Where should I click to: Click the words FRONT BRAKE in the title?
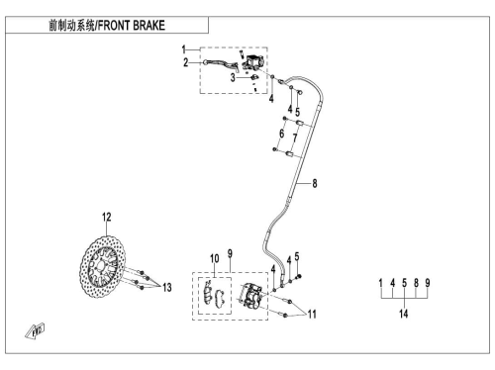pos(132,26)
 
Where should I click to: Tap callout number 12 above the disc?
pos(107,218)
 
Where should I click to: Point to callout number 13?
pos(167,288)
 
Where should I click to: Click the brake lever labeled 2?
pos(221,64)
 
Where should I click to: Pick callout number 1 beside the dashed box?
pos(184,49)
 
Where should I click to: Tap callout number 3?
pos(233,78)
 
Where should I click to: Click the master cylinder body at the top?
pos(252,62)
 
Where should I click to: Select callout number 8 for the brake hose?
pos(315,183)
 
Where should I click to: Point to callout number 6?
pos(281,134)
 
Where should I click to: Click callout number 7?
pos(295,138)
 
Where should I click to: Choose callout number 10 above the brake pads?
pos(215,259)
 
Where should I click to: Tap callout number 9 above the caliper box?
pos(230,254)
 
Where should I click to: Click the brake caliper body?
pos(250,296)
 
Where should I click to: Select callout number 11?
pos(312,315)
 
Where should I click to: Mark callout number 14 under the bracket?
pos(404,314)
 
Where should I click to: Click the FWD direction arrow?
pos(35,331)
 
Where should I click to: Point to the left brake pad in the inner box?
pos(208,293)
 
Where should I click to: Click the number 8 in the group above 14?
pos(416,283)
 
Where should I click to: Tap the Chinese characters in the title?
pos(71,26)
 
